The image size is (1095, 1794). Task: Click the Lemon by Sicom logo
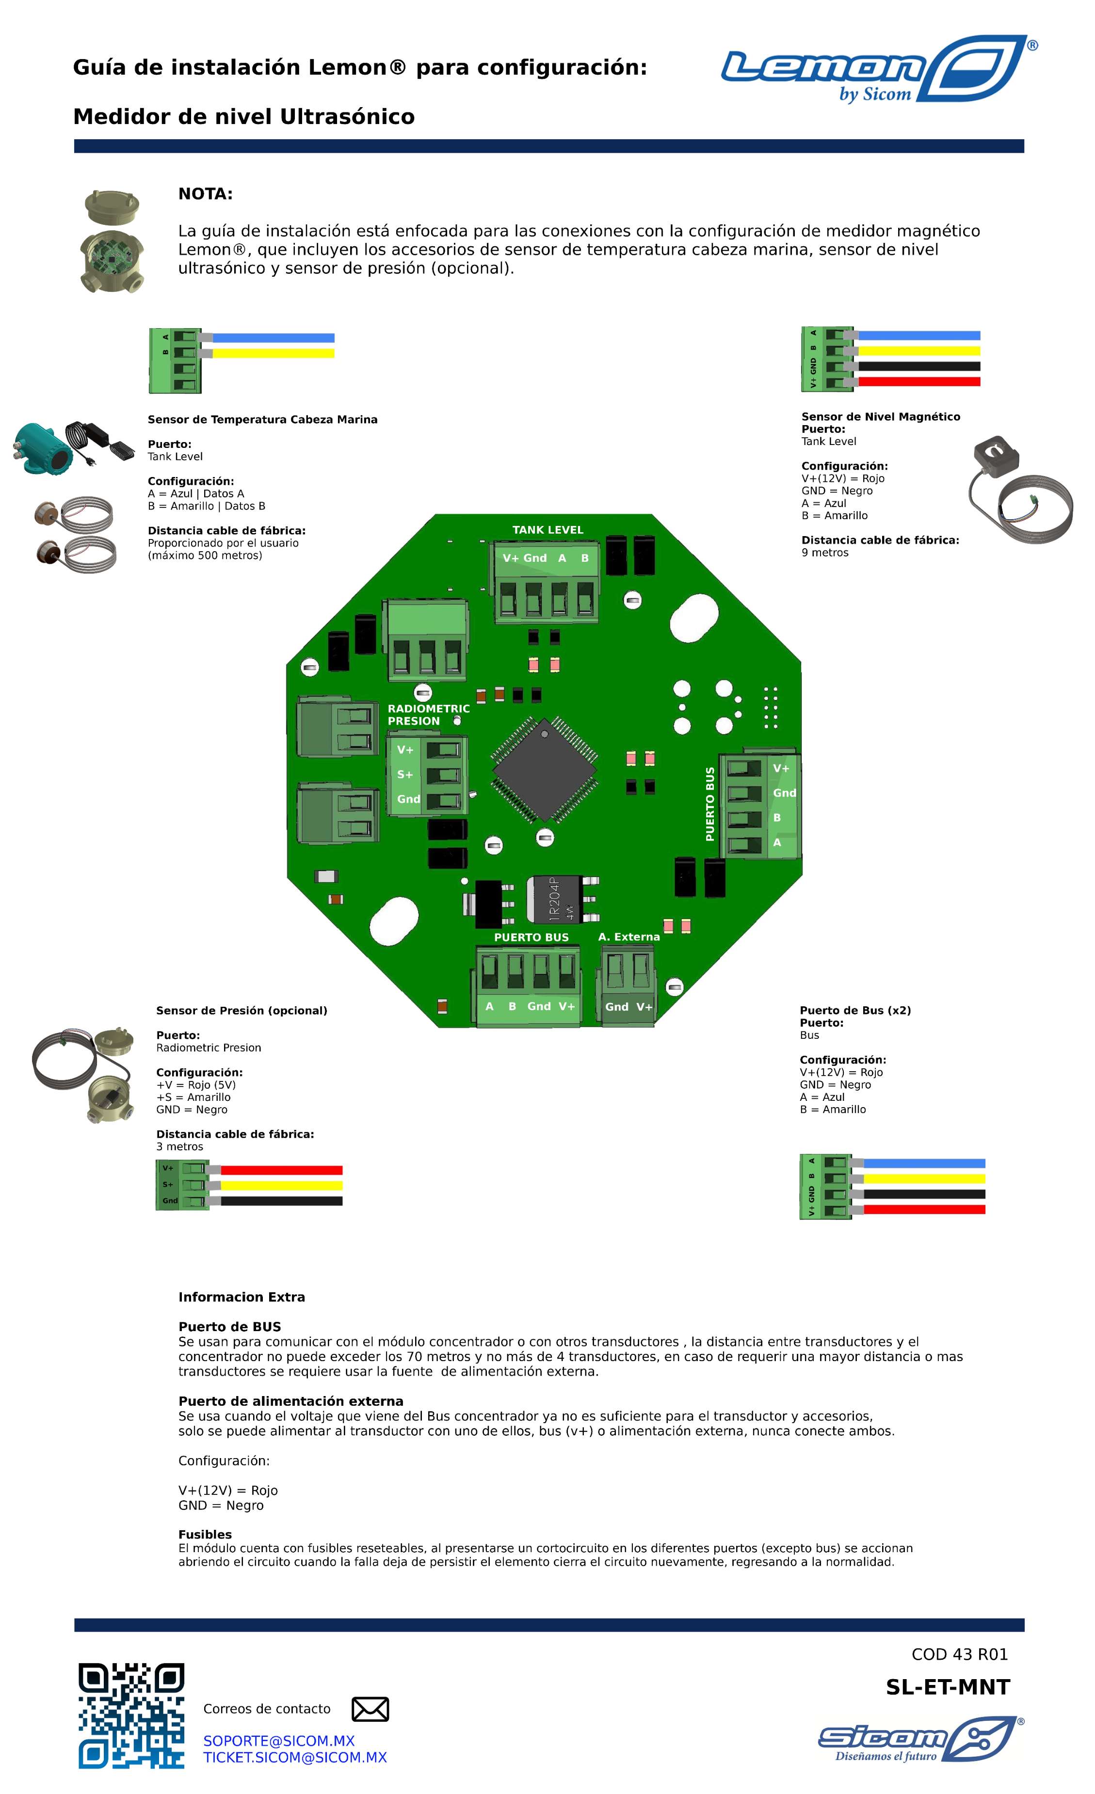[x=878, y=69]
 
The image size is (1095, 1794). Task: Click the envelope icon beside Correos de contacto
[x=370, y=1709]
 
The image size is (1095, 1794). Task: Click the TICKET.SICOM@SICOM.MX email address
[x=294, y=1758]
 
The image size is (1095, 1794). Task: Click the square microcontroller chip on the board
[x=544, y=770]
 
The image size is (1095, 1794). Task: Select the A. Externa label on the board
[x=629, y=937]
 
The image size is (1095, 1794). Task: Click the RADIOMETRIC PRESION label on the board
[x=428, y=714]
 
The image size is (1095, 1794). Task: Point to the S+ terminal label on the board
[x=404, y=775]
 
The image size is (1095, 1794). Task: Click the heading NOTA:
[x=206, y=194]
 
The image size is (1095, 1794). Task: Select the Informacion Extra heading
[x=241, y=1297]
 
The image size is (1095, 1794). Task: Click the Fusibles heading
[x=205, y=1535]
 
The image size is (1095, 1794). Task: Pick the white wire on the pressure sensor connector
[x=280, y=1185]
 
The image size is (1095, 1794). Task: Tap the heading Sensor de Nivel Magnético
[x=880, y=416]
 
